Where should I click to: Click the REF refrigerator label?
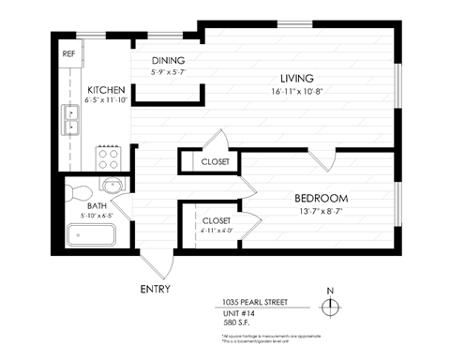tap(68, 53)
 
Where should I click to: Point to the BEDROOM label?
tap(321, 199)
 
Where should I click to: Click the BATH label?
tap(97, 205)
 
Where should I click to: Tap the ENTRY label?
tap(156, 289)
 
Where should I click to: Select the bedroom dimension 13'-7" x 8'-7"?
tap(321, 213)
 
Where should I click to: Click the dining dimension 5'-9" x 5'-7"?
tap(170, 72)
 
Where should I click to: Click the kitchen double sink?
tap(71, 119)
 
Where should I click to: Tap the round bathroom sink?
tap(111, 184)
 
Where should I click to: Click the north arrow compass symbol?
tap(329, 306)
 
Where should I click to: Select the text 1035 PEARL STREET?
tap(254, 303)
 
